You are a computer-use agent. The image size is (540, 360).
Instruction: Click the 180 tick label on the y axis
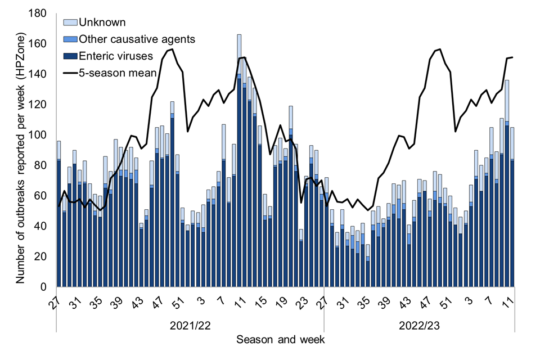pyautogui.click(x=42, y=13)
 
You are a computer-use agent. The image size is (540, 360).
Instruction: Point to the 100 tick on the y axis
pyautogui.click(x=42, y=135)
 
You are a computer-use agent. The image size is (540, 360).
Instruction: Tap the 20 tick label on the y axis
pyautogui.click(x=44, y=256)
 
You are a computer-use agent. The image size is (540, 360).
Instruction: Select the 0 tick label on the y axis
pyautogui.click(x=47, y=287)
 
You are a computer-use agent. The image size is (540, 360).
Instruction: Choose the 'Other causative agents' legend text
pyautogui.click(x=137, y=39)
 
